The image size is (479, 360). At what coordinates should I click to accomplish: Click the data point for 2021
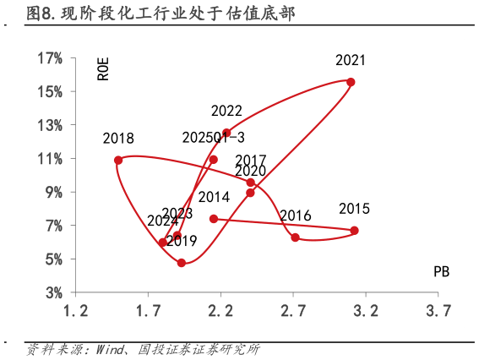coord(351,82)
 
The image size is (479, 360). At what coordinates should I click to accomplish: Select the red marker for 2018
coord(118,160)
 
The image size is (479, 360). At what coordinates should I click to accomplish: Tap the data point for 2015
coord(354,231)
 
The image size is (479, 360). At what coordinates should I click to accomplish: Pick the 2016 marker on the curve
coord(295,237)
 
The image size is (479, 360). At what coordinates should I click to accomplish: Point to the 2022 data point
coord(226,133)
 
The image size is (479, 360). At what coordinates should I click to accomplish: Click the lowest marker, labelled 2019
coord(182,263)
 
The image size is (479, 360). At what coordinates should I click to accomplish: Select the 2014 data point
coord(214,219)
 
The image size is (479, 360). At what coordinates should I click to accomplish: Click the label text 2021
coord(351,60)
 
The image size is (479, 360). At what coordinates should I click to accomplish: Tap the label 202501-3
coord(214,137)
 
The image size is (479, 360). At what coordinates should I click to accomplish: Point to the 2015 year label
coord(354,209)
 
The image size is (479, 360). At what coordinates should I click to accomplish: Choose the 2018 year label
coord(118,138)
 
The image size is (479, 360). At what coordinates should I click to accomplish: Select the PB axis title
coord(441,271)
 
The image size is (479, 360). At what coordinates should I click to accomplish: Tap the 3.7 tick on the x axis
coord(438,310)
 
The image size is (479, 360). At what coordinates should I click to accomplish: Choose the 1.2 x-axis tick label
coord(76,310)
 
